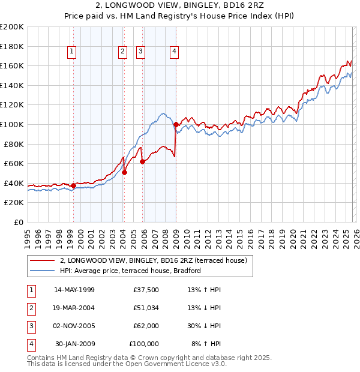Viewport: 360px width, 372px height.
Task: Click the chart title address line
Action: (180, 5)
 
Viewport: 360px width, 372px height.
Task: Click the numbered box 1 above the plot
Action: (71, 52)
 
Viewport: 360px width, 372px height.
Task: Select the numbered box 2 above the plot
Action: (122, 52)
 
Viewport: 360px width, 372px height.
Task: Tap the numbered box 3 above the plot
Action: (141, 52)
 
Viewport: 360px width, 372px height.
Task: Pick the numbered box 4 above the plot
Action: (174, 52)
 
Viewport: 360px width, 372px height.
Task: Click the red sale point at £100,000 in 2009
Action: (176, 124)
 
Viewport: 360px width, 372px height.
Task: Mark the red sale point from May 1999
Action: (73, 185)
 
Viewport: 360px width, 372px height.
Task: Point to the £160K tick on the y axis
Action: (12, 65)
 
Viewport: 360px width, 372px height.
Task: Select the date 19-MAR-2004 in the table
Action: (74, 308)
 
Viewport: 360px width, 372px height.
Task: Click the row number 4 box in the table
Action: (30, 344)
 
